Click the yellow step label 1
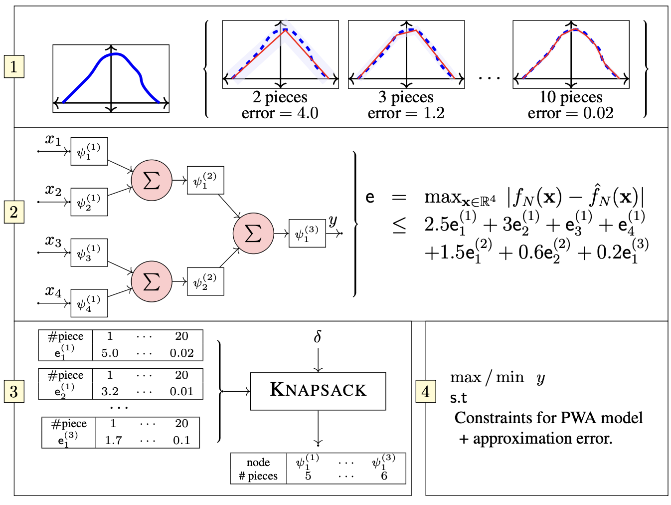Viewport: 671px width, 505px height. pyautogui.click(x=13, y=66)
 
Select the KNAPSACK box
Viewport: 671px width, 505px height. pyautogui.click(x=318, y=391)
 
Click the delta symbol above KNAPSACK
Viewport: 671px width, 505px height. pyautogui.click(x=318, y=337)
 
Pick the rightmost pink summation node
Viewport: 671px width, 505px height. pyautogui.click(x=253, y=233)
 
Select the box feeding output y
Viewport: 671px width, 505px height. pyautogui.click(x=307, y=233)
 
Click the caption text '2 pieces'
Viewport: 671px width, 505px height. pyautogui.click(x=280, y=97)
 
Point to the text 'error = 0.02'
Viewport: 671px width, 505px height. pyautogui.click(x=570, y=113)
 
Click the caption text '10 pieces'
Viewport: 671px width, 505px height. pyautogui.click(x=570, y=97)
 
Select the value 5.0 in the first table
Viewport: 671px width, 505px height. pyautogui.click(x=110, y=353)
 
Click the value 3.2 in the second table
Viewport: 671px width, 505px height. pyautogui.click(x=110, y=392)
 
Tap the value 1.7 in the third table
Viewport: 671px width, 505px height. pyautogui.click(x=113, y=441)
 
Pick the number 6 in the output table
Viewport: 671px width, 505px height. pyautogui.click(x=384, y=476)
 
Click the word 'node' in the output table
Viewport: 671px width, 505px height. pyautogui.click(x=258, y=463)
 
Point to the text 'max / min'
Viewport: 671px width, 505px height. pyautogui.click(x=487, y=377)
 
